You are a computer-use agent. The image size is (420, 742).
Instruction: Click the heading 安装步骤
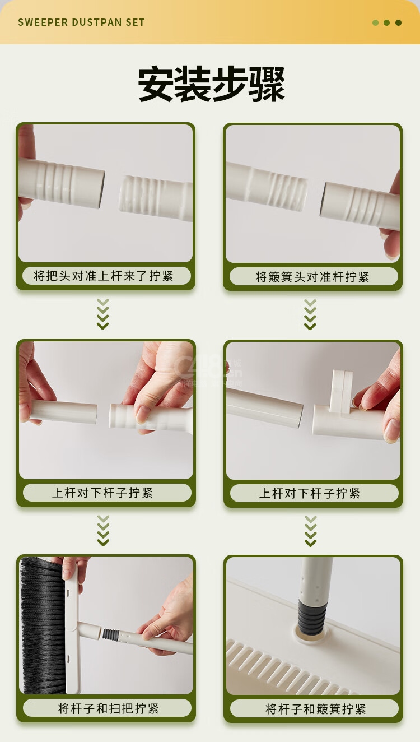[x=211, y=84]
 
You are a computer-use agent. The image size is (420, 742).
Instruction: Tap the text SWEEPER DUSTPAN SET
[x=81, y=22]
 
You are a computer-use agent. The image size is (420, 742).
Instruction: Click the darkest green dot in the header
[x=399, y=22]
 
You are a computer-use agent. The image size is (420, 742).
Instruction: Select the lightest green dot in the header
[x=375, y=22]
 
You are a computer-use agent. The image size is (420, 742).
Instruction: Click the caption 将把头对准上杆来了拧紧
[x=104, y=276]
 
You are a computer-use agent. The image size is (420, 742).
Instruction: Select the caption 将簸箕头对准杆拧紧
[x=312, y=277]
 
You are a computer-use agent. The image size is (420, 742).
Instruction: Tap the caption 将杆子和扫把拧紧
[x=108, y=708]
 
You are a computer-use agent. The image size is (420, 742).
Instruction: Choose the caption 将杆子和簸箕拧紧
[x=315, y=709]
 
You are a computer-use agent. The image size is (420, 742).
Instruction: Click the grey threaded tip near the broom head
[x=110, y=634]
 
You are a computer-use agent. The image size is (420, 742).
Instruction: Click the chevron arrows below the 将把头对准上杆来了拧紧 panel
[x=102, y=314]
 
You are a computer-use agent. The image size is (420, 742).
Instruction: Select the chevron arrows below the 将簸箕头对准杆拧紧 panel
[x=310, y=314]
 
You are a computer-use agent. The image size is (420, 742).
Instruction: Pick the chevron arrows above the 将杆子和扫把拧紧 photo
[x=103, y=530]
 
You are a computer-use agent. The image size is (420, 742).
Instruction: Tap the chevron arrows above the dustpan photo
[x=310, y=531]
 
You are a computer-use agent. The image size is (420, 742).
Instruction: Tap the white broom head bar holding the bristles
[x=73, y=626]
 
